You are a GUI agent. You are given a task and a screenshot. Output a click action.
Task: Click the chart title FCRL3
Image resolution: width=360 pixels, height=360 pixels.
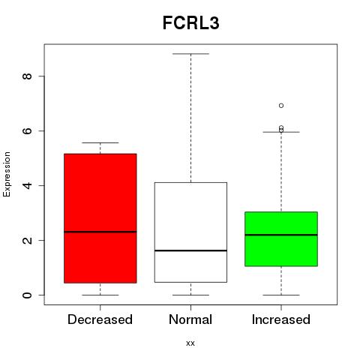191,23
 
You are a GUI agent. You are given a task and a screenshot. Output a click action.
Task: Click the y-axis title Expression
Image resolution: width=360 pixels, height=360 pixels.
7,174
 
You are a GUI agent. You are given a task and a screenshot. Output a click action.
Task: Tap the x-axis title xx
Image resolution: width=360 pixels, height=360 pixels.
190,343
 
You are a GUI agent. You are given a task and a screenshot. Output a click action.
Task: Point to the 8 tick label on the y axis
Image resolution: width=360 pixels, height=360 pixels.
27,76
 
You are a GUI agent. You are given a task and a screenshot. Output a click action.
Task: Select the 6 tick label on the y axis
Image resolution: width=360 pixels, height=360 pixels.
27,130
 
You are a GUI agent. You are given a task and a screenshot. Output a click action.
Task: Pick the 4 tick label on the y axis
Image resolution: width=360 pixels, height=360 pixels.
27,185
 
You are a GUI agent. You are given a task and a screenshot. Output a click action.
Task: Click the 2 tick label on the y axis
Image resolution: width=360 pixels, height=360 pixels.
27,240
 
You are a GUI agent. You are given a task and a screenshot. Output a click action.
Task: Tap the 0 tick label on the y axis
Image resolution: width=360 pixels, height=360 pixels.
27,295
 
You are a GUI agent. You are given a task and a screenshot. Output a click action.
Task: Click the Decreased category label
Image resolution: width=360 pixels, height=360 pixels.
100,319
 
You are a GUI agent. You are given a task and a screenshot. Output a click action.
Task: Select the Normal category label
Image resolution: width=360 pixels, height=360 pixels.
190,319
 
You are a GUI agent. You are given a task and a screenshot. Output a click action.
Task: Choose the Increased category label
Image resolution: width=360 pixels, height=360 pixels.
281,319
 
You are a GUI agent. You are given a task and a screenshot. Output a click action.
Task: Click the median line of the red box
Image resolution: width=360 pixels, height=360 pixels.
100,232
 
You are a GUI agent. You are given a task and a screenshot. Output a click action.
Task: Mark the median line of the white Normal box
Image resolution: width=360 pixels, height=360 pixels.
190,250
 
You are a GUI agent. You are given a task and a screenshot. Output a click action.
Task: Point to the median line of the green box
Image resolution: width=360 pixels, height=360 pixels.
281,235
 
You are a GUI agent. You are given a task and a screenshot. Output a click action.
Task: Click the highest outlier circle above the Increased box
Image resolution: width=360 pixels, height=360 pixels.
281,106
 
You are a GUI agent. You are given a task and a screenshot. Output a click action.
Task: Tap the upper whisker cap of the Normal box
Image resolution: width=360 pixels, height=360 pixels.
190,54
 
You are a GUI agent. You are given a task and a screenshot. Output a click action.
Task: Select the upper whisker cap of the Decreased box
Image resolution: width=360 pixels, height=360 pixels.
100,142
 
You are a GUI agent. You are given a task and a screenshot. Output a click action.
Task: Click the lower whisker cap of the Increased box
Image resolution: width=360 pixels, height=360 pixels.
281,295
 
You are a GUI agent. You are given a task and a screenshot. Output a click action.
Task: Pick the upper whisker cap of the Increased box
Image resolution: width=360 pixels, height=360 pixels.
281,132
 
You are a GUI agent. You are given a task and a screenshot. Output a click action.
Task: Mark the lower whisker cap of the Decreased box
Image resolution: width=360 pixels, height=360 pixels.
100,295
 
